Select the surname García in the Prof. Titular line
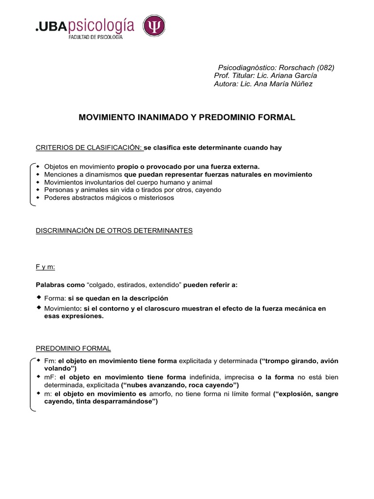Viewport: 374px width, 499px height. (305, 76)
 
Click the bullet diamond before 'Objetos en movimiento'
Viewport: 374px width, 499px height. (38, 166)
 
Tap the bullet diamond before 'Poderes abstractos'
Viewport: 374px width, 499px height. (38, 198)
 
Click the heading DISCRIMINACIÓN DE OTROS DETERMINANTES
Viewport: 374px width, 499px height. (114, 230)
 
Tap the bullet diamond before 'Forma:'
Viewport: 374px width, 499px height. (39, 297)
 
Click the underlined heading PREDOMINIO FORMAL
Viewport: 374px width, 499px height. (74, 348)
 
